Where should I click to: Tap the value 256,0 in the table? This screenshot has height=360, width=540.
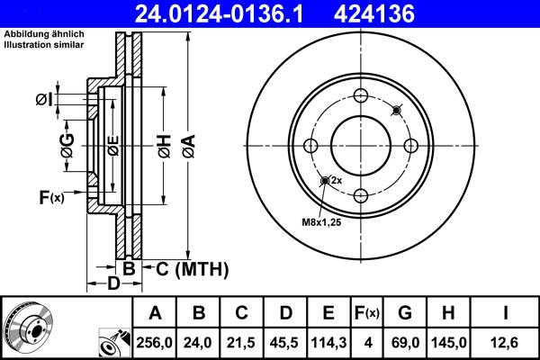point(155,342)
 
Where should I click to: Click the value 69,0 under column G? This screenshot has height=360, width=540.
point(405,342)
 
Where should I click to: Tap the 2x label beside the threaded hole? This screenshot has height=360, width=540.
point(336,180)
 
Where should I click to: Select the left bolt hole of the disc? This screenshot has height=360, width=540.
point(311,147)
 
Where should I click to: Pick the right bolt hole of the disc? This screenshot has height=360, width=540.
point(410,147)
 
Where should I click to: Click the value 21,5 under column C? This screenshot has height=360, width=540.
point(241,342)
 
